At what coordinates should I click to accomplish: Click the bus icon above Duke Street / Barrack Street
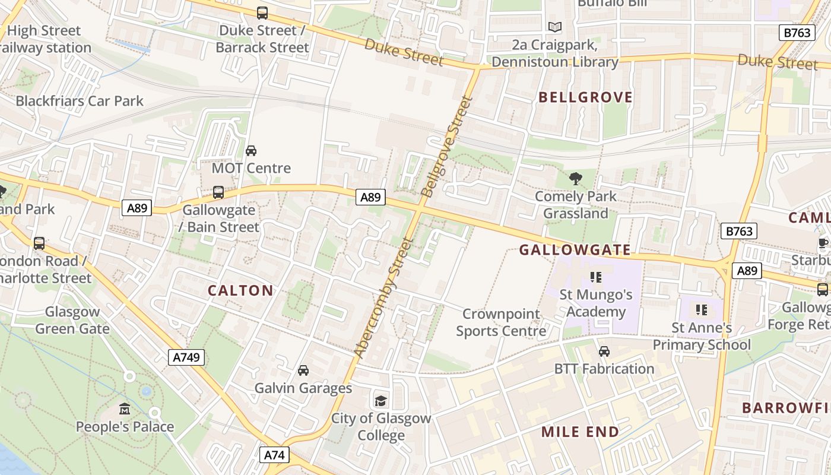(x=262, y=12)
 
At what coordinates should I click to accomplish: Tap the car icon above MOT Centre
(x=251, y=151)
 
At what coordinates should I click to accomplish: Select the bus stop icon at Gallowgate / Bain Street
(x=218, y=192)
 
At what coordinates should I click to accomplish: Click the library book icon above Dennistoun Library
(x=554, y=27)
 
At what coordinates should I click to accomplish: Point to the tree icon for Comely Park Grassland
(x=575, y=179)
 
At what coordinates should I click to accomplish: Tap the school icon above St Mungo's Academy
(x=596, y=277)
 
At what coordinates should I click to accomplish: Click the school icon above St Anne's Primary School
(x=702, y=310)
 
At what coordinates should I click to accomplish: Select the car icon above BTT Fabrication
(x=604, y=351)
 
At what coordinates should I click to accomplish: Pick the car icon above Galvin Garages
(x=303, y=370)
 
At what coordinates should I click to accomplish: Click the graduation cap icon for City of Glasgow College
(x=380, y=401)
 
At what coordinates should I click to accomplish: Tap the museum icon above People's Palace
(x=125, y=409)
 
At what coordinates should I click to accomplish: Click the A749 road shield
(x=186, y=357)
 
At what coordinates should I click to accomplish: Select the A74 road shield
(x=274, y=455)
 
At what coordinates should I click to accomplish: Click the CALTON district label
(x=240, y=290)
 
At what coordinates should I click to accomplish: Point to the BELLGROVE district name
(x=585, y=97)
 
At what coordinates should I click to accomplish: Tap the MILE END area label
(x=580, y=432)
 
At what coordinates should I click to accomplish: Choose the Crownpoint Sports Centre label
(x=501, y=322)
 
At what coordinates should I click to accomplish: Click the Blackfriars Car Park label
(x=80, y=101)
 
